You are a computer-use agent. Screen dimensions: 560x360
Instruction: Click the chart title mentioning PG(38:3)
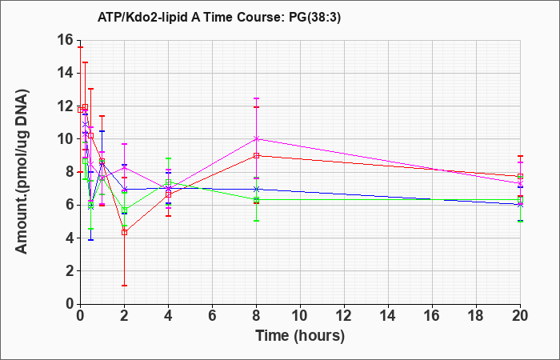[x=219, y=17]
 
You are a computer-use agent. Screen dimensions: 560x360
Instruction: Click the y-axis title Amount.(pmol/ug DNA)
[x=22, y=171]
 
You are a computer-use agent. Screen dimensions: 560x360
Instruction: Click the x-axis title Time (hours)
[x=300, y=336]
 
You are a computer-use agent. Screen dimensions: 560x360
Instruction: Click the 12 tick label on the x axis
[x=344, y=316]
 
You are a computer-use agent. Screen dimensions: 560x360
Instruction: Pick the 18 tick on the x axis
[x=476, y=316]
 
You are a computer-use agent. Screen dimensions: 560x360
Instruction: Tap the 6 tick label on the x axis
[x=213, y=316]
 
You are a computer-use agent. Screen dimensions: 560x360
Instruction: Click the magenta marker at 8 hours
[x=257, y=139]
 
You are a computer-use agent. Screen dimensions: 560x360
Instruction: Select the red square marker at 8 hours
[x=257, y=156]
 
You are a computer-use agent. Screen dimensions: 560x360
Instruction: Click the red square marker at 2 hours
[x=124, y=233]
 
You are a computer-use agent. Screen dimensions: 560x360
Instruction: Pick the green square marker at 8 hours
[x=257, y=200]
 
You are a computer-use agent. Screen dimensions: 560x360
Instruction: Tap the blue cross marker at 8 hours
[x=257, y=189]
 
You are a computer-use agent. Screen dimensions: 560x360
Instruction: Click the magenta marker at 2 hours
[x=124, y=167]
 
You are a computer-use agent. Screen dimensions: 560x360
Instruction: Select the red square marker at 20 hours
[x=520, y=177]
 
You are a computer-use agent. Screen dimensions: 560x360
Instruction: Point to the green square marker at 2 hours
[x=124, y=210]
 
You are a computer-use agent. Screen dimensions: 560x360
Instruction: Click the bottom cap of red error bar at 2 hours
[x=124, y=286]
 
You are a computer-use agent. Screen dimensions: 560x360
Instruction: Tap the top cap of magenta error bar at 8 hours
[x=257, y=98]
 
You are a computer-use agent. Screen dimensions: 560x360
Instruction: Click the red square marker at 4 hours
[x=168, y=194]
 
